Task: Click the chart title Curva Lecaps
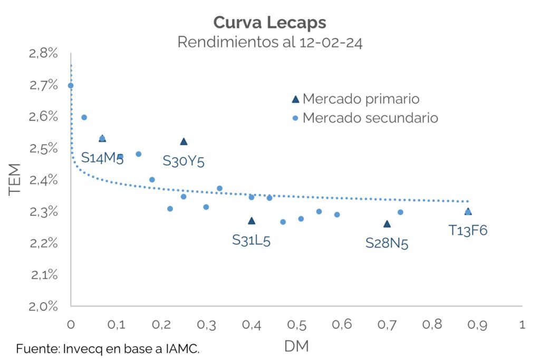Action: pos(269,23)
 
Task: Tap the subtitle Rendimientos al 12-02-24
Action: pos(269,42)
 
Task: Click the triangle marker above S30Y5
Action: pos(184,141)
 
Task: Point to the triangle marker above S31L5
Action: pos(252,221)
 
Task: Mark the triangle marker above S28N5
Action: pos(387,224)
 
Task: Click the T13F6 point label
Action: pos(468,230)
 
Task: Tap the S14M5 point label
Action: pos(102,158)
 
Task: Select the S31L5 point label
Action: pos(252,240)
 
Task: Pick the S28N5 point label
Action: pos(387,243)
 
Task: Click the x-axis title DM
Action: pos(296,346)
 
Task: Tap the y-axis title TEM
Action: pos(15,179)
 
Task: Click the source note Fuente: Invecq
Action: pos(108,348)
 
